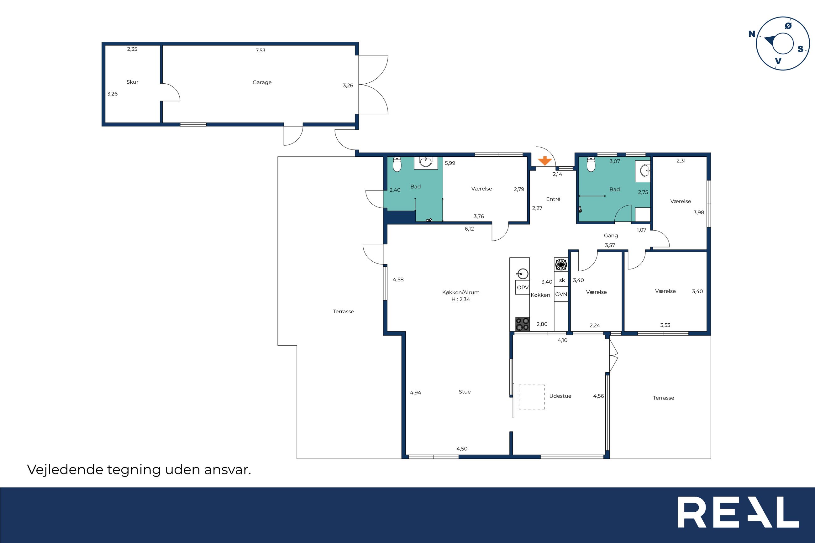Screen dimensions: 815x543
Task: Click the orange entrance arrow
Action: click(545, 161)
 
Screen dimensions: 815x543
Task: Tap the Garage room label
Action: click(262, 82)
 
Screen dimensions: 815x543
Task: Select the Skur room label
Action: click(132, 82)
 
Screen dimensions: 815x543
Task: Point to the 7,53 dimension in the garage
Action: click(260, 50)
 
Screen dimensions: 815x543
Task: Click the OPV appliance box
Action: click(523, 287)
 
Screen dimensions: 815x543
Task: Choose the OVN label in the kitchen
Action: click(561, 294)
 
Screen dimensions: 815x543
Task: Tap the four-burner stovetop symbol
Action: click(523, 324)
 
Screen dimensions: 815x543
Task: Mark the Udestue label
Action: click(560, 396)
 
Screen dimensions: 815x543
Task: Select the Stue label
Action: click(465, 392)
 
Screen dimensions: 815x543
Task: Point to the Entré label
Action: click(553, 199)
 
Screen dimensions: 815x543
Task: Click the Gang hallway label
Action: click(611, 236)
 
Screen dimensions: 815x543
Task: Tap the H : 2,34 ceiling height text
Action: click(461, 300)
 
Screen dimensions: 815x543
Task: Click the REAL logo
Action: click(738, 517)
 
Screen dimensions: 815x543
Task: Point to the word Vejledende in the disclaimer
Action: click(65, 470)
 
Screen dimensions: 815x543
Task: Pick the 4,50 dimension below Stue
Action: click(462, 449)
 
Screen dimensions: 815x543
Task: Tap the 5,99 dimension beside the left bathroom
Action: click(450, 163)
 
